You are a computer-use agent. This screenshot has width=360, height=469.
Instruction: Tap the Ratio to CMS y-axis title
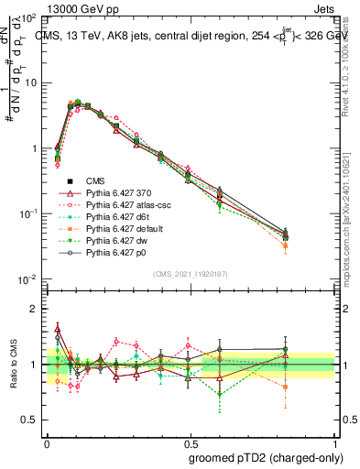[14, 365]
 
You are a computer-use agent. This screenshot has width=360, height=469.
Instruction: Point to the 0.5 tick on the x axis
[191, 439]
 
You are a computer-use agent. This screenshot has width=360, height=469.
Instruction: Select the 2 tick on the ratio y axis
[35, 310]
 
